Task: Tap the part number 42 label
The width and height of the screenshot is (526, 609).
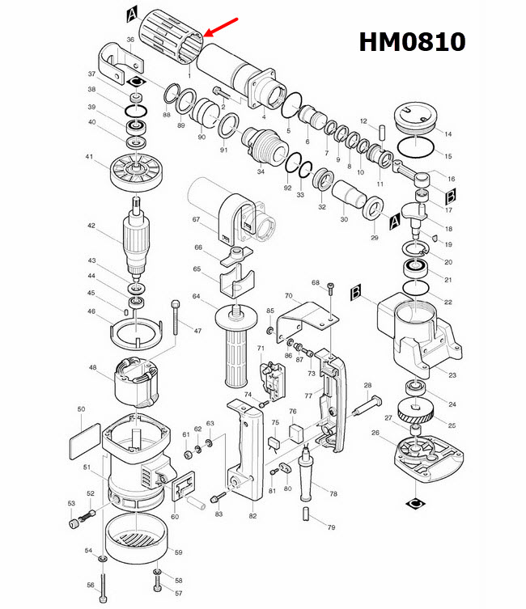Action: click(91, 226)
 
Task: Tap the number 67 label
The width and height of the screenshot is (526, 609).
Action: click(195, 220)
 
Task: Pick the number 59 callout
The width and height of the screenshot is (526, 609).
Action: click(180, 552)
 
